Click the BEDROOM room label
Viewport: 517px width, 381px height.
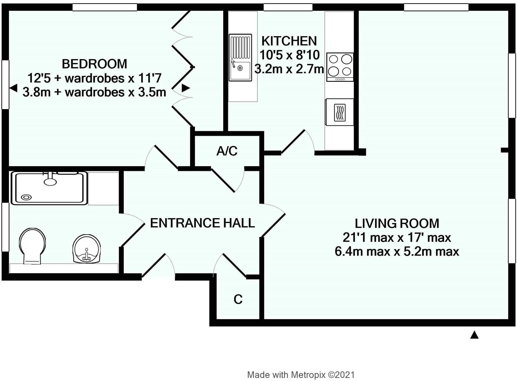(x=95, y=64)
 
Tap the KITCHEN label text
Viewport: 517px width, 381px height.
(x=289, y=41)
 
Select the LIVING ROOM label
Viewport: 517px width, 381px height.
(x=397, y=223)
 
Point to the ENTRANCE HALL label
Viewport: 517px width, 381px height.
(x=202, y=223)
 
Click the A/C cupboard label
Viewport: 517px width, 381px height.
(x=227, y=151)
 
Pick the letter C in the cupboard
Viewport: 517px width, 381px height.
(x=238, y=300)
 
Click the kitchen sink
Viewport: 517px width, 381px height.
(x=240, y=57)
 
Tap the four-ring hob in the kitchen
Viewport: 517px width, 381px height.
(x=340, y=67)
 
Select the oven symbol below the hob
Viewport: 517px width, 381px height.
(x=340, y=112)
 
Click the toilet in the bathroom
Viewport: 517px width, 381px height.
(x=32, y=246)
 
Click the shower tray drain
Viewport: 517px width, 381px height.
(x=26, y=197)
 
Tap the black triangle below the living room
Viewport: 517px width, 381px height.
(x=474, y=335)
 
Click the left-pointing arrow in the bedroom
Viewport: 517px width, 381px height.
(x=14, y=88)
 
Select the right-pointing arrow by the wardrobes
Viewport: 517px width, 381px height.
(x=185, y=88)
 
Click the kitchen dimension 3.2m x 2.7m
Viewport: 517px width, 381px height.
(x=289, y=69)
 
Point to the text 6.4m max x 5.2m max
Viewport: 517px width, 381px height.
(x=397, y=252)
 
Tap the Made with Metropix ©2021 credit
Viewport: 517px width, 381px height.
(x=301, y=375)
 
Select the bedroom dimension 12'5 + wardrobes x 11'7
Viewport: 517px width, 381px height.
(x=94, y=78)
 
